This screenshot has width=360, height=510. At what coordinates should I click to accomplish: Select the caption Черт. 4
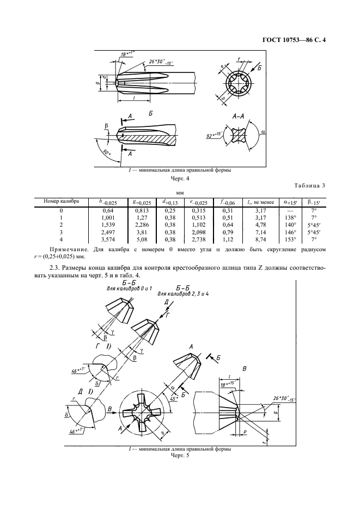click(x=180, y=178)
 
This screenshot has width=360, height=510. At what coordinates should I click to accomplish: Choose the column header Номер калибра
click(x=62, y=201)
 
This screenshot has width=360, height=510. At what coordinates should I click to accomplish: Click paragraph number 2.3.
click(x=53, y=268)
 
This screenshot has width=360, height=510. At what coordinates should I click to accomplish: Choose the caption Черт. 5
click(x=179, y=456)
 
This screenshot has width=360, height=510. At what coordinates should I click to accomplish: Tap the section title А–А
click(x=239, y=116)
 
